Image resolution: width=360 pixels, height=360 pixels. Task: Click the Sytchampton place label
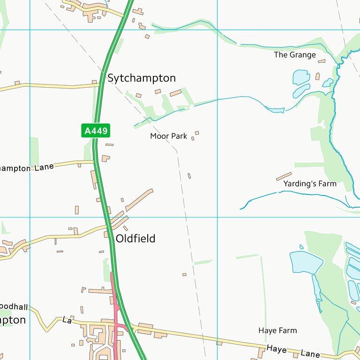[x=142, y=78]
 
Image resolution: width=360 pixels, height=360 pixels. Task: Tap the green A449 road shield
[x=96, y=131]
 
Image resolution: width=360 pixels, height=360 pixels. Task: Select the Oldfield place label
[x=135, y=239]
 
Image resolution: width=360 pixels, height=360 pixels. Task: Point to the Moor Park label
[x=168, y=136]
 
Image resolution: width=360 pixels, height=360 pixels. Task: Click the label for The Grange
[x=295, y=55]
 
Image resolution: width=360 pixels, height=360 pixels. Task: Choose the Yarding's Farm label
[x=310, y=184]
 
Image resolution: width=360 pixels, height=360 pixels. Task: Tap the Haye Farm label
[x=277, y=330]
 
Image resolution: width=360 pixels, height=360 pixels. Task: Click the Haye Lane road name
[x=293, y=351]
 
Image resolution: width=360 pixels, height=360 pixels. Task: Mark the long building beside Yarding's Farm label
[x=284, y=176]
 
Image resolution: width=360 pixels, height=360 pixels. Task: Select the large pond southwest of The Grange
[x=300, y=76]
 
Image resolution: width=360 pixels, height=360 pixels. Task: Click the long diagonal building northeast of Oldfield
[x=139, y=200]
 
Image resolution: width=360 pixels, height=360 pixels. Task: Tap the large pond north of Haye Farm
[x=306, y=262]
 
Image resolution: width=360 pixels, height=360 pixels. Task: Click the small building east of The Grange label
[x=322, y=61]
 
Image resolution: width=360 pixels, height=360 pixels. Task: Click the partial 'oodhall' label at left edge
[x=14, y=307]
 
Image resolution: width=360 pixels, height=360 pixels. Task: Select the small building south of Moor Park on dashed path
[x=189, y=176]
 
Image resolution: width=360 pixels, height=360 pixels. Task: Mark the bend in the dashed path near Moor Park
[x=177, y=151]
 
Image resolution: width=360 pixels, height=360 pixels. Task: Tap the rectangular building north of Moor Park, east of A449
[x=175, y=93]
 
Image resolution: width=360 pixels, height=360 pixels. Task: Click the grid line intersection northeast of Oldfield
[x=217, y=217]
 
